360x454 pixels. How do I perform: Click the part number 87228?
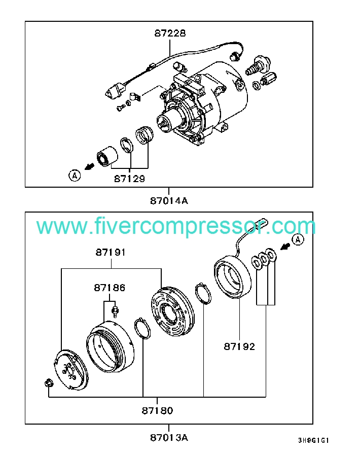pyautogui.click(x=170, y=33)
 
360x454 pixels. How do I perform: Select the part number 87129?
pyautogui.click(x=129, y=179)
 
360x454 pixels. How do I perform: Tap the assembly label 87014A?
pyautogui.click(x=169, y=200)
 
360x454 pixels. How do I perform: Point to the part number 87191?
pyautogui.click(x=110, y=252)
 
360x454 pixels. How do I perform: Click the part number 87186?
pyautogui.click(x=109, y=288)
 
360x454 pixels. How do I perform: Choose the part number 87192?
pyautogui.click(x=239, y=347)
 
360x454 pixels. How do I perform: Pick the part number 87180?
pyautogui.click(x=158, y=410)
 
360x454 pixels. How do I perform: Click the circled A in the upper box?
pyautogui.click(x=75, y=176)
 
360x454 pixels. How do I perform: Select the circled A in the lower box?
pyautogui.click(x=298, y=239)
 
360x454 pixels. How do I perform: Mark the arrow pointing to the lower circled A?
pyautogui.click(x=285, y=247)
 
